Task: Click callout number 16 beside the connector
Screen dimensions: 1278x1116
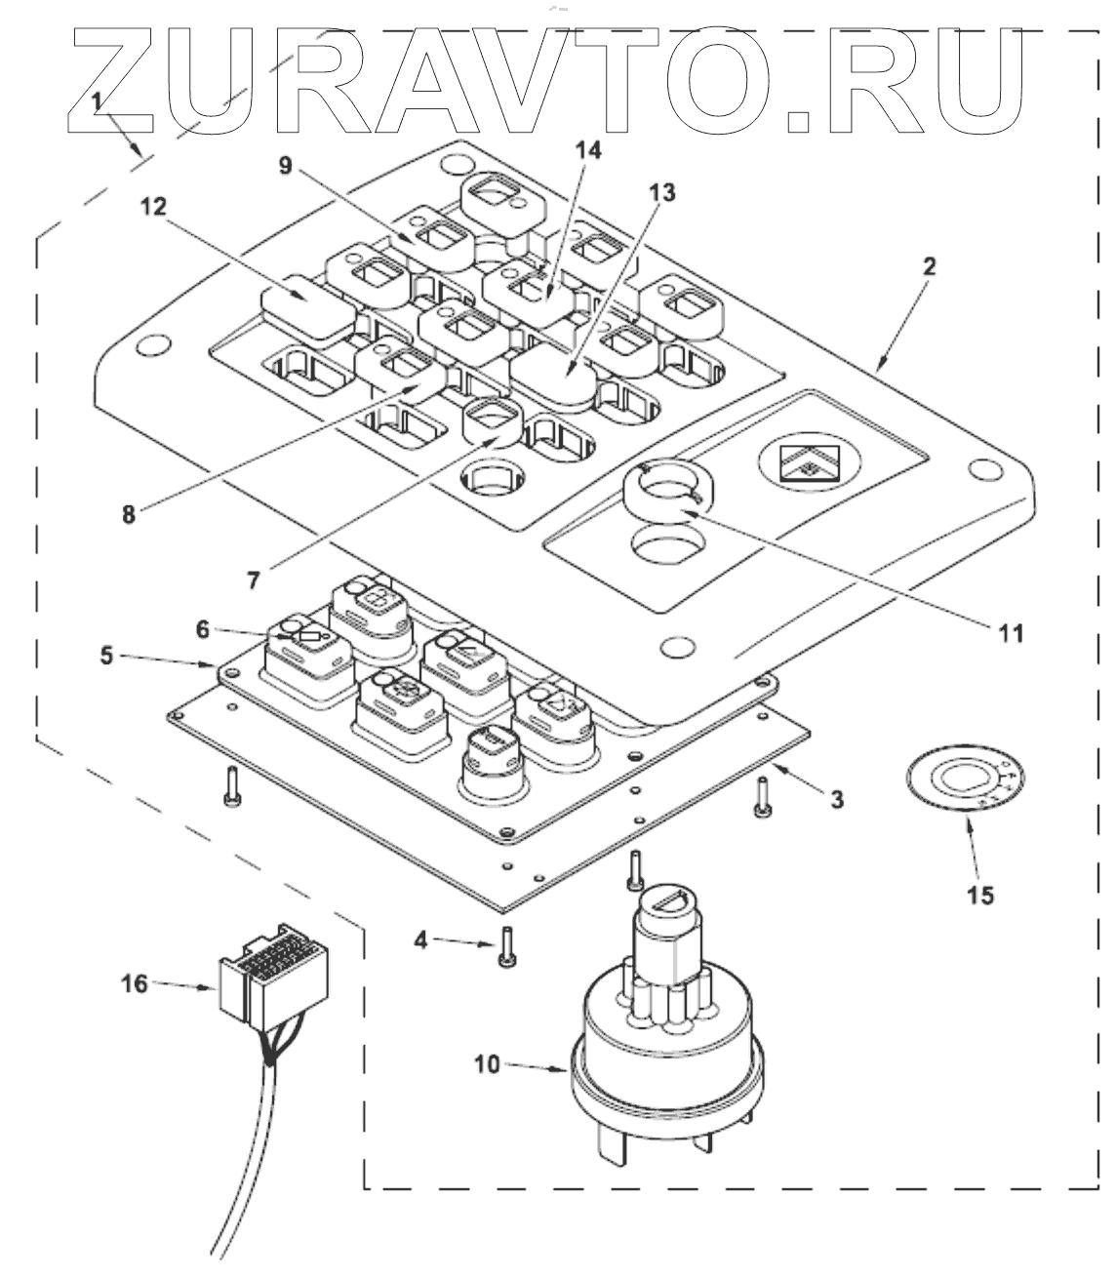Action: tap(135, 983)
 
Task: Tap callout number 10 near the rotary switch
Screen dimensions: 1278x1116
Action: tap(488, 1063)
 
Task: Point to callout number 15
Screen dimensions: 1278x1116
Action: tap(981, 893)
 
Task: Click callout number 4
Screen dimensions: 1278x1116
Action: tap(419, 941)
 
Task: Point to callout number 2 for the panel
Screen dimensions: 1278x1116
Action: tap(930, 266)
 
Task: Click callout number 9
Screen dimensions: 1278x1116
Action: tap(286, 166)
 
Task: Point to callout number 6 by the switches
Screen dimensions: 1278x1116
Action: tap(202, 629)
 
